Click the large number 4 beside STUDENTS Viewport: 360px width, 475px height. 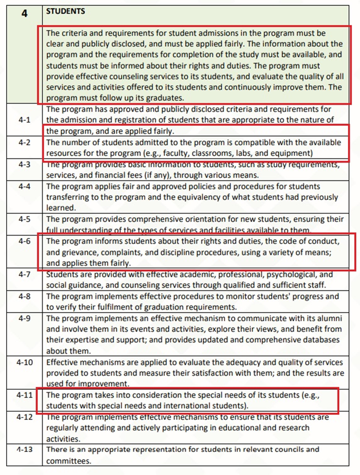[24, 14]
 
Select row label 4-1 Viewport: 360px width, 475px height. [24, 120]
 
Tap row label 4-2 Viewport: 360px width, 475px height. [24, 142]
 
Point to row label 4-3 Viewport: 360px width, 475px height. [24, 164]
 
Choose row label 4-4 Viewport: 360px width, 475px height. [24, 186]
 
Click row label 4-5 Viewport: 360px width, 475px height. [24, 219]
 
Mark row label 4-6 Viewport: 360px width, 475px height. [24, 241]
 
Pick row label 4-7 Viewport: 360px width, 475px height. [24, 274]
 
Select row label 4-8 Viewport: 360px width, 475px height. [24, 296]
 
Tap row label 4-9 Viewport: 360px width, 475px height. [24, 318]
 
